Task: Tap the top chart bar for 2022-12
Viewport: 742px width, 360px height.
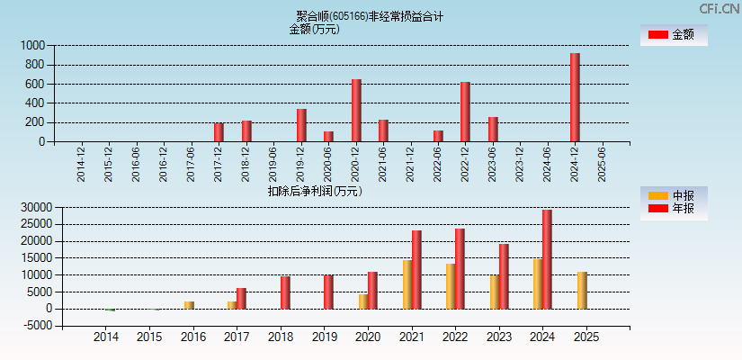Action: [465, 112]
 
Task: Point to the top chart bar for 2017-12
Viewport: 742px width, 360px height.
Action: [219, 132]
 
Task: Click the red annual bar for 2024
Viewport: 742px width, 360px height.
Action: [547, 259]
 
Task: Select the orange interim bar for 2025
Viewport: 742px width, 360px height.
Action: [582, 290]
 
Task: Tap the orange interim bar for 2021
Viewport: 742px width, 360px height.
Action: [407, 284]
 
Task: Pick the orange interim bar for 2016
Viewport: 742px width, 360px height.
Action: [189, 305]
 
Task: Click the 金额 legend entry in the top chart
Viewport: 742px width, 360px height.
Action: [672, 35]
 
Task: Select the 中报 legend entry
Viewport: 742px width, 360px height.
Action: [672, 195]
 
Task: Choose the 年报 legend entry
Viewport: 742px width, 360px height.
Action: [672, 209]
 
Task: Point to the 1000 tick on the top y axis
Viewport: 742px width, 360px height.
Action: [33, 45]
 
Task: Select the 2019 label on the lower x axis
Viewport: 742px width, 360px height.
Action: [324, 337]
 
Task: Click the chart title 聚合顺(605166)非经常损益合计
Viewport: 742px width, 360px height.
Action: [370, 16]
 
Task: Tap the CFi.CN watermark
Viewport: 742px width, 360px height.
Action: [719, 8]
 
